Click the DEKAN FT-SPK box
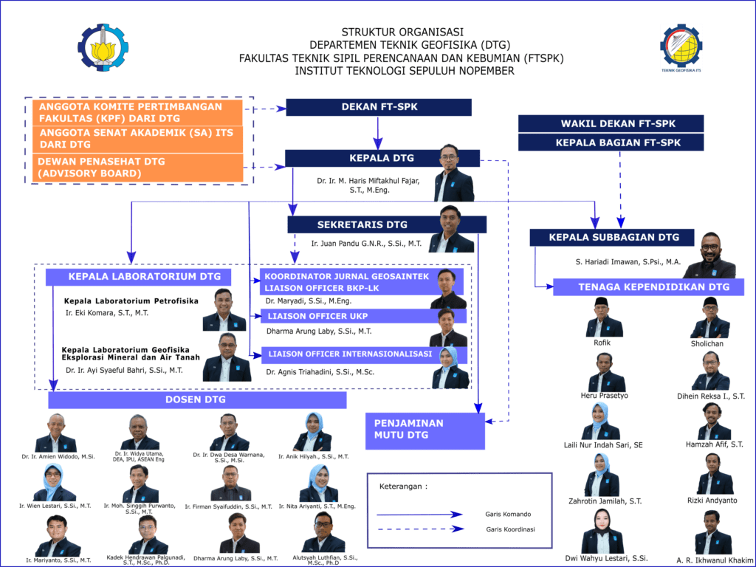379,107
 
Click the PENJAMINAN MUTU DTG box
425,430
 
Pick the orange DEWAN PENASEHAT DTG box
138,168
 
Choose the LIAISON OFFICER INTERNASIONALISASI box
350,354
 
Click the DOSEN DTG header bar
197,400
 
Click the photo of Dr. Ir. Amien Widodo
56,433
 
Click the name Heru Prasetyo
605,396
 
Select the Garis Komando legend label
508,514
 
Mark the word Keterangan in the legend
403,487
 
